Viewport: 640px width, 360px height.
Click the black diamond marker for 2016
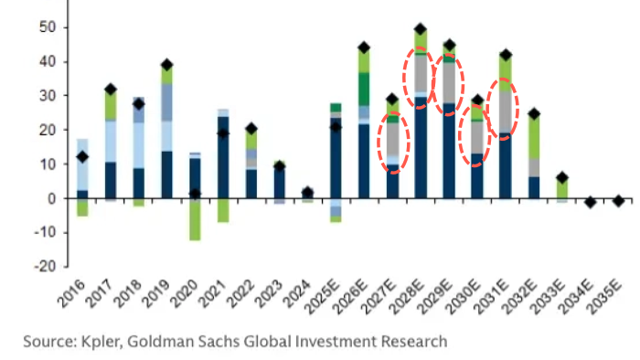(x=82, y=157)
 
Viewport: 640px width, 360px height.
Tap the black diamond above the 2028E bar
(x=421, y=29)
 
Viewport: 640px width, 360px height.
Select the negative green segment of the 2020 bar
(x=194, y=219)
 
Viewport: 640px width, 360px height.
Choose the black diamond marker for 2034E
(x=591, y=202)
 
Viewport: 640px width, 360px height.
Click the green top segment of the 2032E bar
(x=533, y=137)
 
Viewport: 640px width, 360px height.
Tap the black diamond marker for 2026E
(x=364, y=48)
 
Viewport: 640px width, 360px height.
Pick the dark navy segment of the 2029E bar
(x=449, y=151)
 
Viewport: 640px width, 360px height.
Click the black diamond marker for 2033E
(x=562, y=178)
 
